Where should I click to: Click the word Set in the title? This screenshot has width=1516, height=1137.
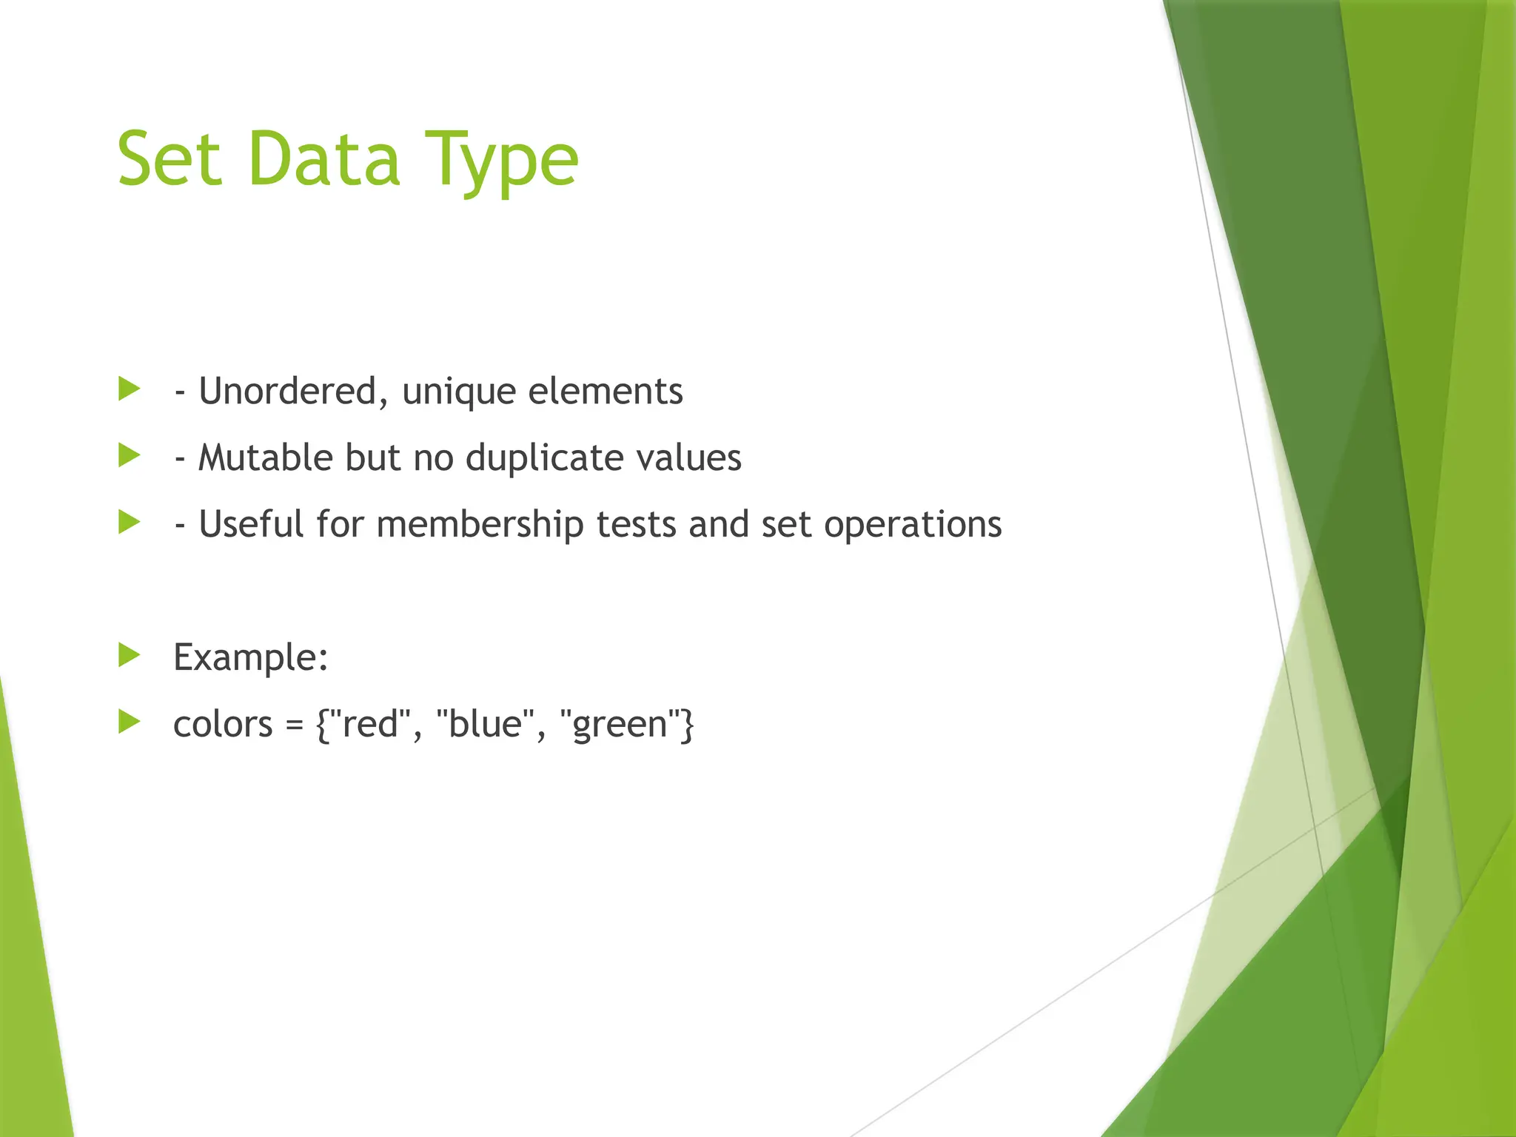click(169, 158)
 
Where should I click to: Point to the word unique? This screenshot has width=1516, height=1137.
click(459, 392)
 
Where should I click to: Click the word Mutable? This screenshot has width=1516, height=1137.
click(266, 457)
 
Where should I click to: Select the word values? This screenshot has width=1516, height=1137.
click(689, 457)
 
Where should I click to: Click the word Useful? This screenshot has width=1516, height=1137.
click(251, 524)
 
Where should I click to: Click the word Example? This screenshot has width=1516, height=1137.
click(251, 657)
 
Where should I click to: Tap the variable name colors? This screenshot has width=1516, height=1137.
click(223, 724)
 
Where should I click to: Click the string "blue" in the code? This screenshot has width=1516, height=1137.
click(485, 722)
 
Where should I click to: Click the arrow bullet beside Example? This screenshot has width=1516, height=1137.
click(130, 655)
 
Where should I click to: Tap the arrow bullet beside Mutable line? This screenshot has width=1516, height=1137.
click(130, 455)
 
